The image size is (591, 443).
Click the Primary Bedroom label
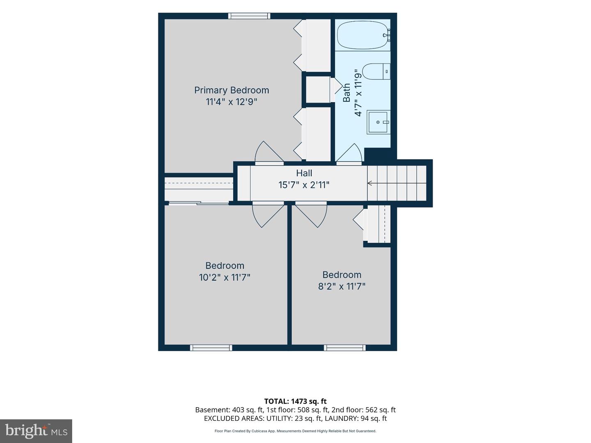(x=231, y=90)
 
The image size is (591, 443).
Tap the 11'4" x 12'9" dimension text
(x=231, y=102)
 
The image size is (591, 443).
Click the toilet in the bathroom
(x=376, y=71)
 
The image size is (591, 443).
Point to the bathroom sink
(x=378, y=122)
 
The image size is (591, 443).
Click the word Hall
(x=304, y=173)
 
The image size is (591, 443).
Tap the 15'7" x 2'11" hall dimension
(x=304, y=185)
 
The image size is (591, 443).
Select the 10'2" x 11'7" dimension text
(x=224, y=277)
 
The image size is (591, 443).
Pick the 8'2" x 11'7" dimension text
(x=342, y=286)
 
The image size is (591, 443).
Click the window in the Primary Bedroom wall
(x=249, y=16)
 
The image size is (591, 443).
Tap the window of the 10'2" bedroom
(x=211, y=348)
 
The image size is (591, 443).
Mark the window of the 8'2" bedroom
(x=345, y=348)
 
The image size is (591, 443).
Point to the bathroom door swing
(x=349, y=153)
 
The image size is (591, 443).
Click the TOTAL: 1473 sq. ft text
(x=295, y=401)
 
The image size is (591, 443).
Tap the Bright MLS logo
(x=36, y=431)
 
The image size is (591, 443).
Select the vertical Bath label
(x=346, y=93)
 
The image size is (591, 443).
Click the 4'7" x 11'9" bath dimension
(x=358, y=93)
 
